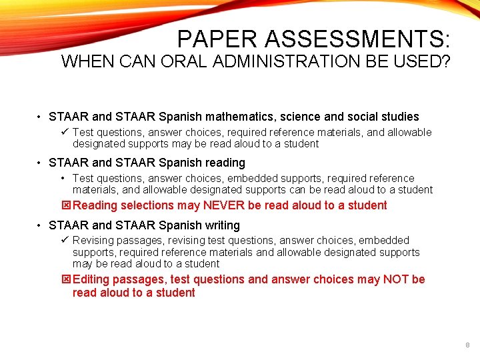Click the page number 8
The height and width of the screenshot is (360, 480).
(467, 345)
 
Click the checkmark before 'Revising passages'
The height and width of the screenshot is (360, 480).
(65, 240)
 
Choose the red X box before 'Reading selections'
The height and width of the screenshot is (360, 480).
(65, 205)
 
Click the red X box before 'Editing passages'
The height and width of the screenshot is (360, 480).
(65, 279)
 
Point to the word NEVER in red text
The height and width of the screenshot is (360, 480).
(224, 205)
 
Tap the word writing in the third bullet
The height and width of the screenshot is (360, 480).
(223, 225)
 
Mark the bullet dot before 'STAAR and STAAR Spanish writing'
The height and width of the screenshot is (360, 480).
(40, 225)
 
